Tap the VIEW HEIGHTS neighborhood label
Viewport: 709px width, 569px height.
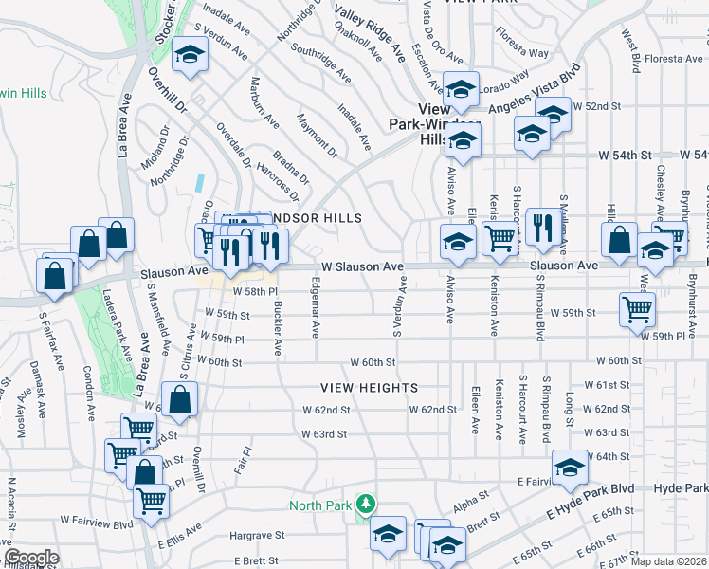pyautogui.click(x=369, y=388)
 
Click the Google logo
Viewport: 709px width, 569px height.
pyautogui.click(x=31, y=558)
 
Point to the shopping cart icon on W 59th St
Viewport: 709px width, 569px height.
pyautogui.click(x=637, y=308)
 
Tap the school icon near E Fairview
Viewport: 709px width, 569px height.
pyautogui.click(x=570, y=468)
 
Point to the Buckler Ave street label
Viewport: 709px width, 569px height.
pyautogui.click(x=278, y=328)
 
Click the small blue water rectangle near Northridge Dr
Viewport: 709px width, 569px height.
pyautogui.click(x=199, y=181)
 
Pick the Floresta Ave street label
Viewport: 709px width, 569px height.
pyautogui.click(x=673, y=59)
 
